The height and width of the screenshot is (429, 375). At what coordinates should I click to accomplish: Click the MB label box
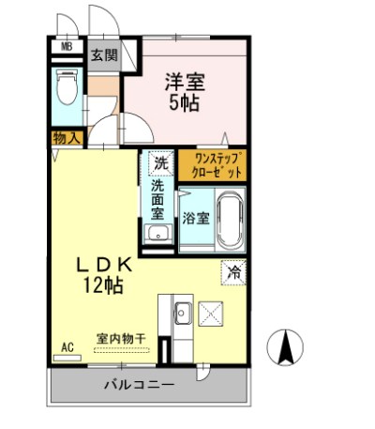67,45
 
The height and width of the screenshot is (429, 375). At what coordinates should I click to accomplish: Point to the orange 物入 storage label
67,138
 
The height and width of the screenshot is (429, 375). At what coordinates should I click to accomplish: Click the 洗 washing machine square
160,162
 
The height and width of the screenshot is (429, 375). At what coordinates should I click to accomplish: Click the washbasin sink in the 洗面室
158,235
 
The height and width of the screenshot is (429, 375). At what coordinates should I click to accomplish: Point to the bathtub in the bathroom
230,219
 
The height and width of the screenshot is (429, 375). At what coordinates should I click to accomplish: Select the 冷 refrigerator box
232,272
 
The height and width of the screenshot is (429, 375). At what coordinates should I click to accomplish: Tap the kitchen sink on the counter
183,312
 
